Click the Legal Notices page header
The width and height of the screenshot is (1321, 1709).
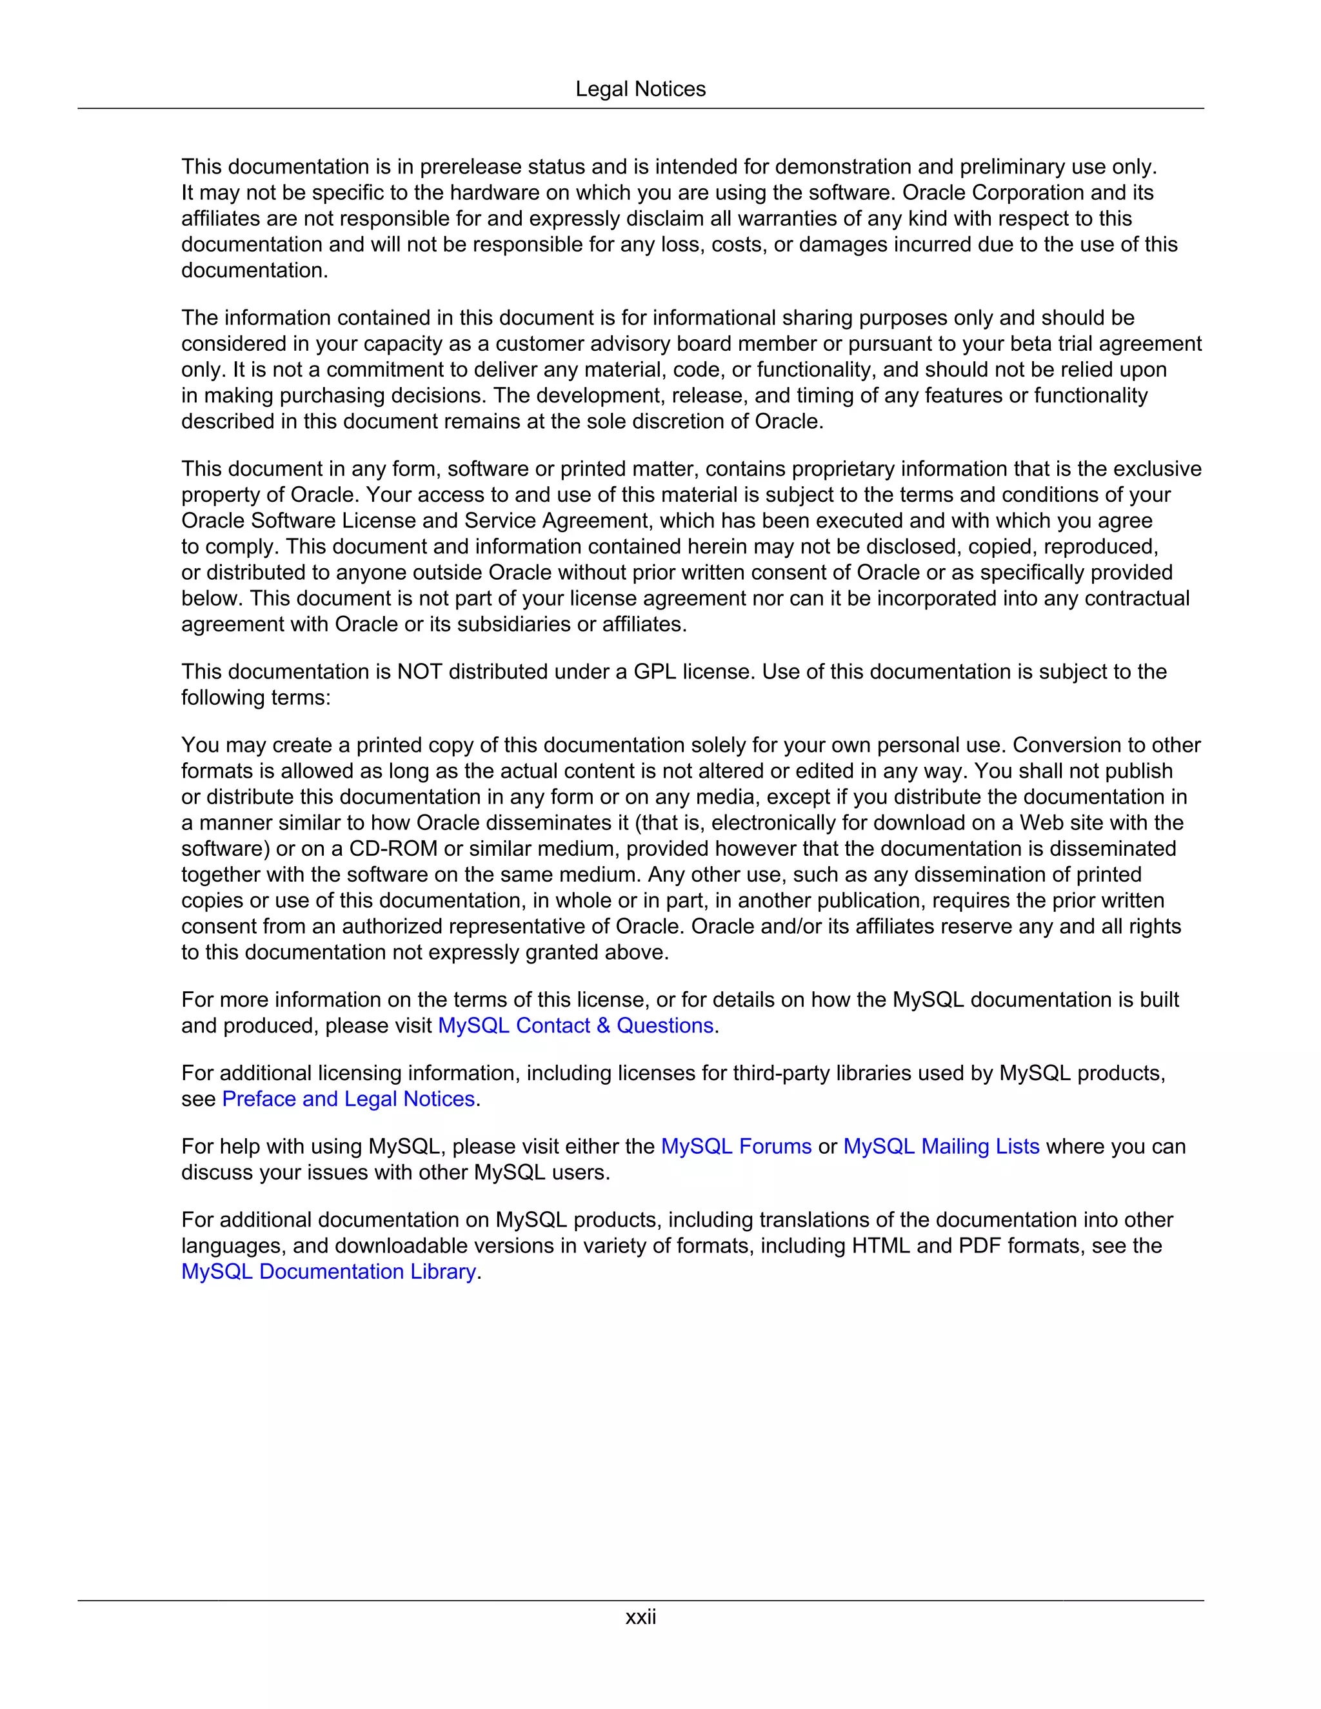point(640,89)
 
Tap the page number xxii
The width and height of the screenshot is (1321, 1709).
point(640,1617)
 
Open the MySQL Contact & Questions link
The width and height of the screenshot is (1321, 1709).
point(575,1025)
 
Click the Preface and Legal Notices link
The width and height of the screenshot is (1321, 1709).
point(349,1099)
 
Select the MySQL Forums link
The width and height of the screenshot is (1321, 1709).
point(737,1147)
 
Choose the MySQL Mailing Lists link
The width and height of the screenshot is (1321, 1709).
point(942,1147)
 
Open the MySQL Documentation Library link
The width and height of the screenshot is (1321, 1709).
point(329,1272)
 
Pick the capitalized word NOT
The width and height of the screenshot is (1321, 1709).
point(419,671)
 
